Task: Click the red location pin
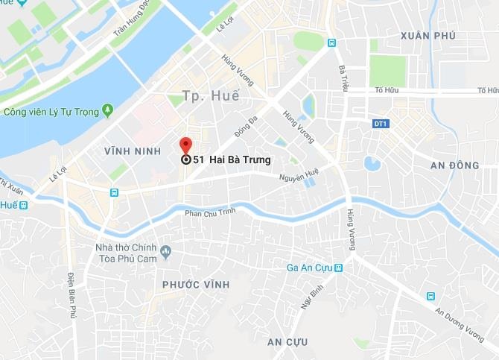click(185, 145)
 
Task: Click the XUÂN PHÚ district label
click(427, 36)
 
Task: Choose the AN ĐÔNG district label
click(455, 165)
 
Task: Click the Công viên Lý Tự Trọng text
click(50, 113)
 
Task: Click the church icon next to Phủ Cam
click(165, 250)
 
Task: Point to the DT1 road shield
click(380, 122)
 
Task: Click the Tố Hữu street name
click(385, 91)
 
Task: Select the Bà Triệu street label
click(343, 79)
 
